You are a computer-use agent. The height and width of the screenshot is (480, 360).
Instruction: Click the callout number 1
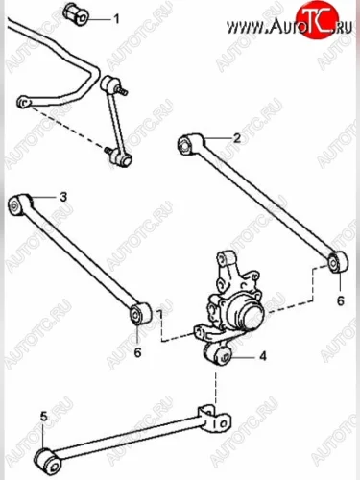pyautogui.click(x=116, y=19)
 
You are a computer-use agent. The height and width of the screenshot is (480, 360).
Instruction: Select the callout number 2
pyautogui.click(x=237, y=138)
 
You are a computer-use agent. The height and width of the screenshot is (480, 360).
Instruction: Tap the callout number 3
pyautogui.click(x=63, y=197)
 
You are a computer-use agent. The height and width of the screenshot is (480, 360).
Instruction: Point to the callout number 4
pyautogui.click(x=263, y=356)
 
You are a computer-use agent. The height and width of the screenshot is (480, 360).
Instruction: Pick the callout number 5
pyautogui.click(x=44, y=417)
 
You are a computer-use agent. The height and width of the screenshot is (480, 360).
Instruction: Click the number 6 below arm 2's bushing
pyautogui.click(x=340, y=300)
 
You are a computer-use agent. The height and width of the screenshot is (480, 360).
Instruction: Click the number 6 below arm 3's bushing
pyautogui.click(x=137, y=352)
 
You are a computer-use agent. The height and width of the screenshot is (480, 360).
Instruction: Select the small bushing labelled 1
pyautogui.click(x=77, y=14)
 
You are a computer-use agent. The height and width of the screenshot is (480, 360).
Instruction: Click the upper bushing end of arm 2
pyautogui.click(x=190, y=144)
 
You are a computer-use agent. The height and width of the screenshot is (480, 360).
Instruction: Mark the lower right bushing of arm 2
pyautogui.click(x=339, y=261)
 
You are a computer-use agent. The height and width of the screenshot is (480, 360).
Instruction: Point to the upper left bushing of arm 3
pyautogui.click(x=20, y=204)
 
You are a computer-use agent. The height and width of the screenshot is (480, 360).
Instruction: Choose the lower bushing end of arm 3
pyautogui.click(x=140, y=313)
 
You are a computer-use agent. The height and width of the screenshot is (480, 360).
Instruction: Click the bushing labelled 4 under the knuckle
pyautogui.click(x=219, y=354)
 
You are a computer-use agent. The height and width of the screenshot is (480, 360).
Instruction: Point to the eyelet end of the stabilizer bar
pyautogui.click(x=24, y=102)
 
